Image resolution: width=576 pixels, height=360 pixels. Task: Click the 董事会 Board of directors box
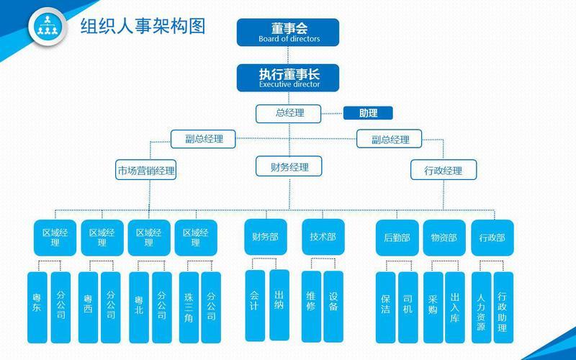(x=288, y=32)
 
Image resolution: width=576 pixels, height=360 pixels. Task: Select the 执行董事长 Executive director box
(x=288, y=78)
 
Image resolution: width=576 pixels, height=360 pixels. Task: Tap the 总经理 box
(x=289, y=113)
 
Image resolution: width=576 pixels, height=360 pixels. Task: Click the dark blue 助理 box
(x=367, y=113)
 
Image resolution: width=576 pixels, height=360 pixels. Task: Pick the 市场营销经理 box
(x=146, y=171)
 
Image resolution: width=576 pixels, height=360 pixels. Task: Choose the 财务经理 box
(x=289, y=167)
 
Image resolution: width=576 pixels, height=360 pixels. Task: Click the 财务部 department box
(x=265, y=238)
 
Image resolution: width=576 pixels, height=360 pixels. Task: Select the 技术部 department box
(x=323, y=238)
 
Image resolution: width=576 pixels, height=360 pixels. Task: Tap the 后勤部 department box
(x=397, y=238)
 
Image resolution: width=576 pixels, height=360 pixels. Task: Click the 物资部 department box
(x=444, y=238)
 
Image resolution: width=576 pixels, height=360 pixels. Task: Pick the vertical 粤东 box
(x=37, y=307)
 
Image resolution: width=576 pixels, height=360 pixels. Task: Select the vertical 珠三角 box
(x=188, y=307)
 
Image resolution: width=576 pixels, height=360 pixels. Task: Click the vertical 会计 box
(x=255, y=305)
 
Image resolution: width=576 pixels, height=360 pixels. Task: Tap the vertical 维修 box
(x=311, y=305)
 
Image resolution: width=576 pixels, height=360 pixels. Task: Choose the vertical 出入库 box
(x=455, y=307)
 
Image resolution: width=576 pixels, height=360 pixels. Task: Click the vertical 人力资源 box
(x=481, y=307)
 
